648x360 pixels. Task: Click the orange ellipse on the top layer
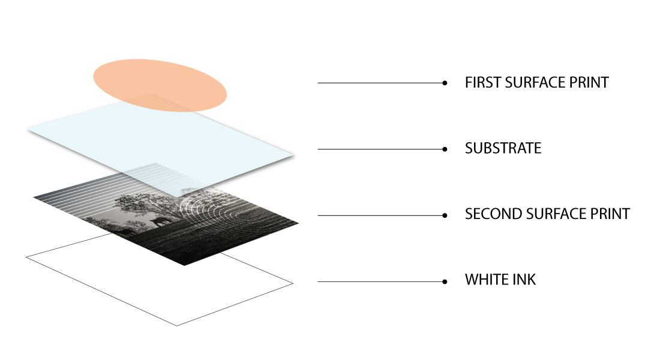click(160, 85)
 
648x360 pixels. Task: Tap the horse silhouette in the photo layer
click(160, 222)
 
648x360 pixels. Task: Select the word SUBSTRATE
click(503, 148)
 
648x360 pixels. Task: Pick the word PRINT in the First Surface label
click(589, 83)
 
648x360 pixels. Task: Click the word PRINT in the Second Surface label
click(610, 214)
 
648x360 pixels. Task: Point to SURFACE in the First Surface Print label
click(535, 83)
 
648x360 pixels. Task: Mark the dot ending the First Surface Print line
click(445, 83)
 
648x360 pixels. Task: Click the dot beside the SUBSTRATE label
click(445, 149)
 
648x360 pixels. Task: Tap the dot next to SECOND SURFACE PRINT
click(445, 215)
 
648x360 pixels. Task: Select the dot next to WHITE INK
click(445, 282)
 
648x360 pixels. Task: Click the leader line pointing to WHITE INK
click(381, 282)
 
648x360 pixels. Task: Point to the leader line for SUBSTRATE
click(381, 149)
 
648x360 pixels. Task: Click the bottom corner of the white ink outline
click(177, 326)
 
